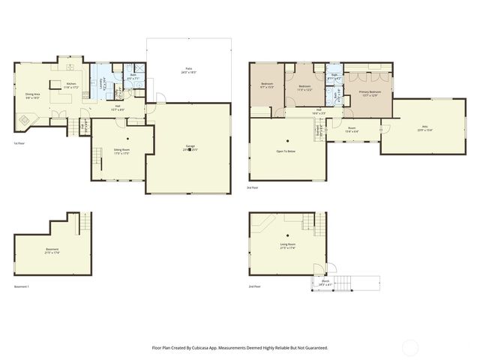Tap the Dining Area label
[32, 94]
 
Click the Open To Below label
[287, 151]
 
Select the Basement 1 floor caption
[22, 287]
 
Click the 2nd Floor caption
[254, 286]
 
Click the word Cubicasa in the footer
[197, 348]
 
